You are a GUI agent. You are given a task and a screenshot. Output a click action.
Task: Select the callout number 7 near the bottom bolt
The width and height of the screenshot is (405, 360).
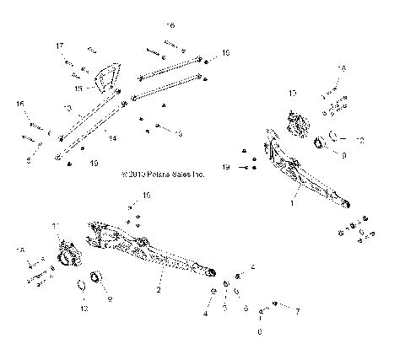click(x=296, y=311)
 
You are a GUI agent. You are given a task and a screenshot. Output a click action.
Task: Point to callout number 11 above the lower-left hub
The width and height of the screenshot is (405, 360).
click(x=57, y=226)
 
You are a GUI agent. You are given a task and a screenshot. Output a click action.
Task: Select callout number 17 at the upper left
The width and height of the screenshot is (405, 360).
click(x=60, y=45)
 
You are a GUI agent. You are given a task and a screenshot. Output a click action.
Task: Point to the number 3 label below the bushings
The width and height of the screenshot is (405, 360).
click(x=224, y=309)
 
